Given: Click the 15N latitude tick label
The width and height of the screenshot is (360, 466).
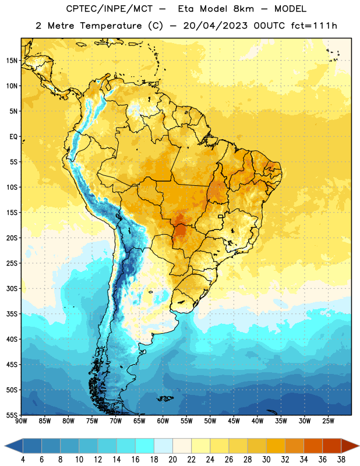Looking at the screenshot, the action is [x=12, y=61].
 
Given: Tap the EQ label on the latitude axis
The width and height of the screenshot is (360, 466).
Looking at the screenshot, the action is [x=13, y=137].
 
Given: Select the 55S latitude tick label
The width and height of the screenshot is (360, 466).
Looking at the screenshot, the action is [x=12, y=415].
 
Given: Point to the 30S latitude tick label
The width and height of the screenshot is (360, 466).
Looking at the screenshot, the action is [x=12, y=288].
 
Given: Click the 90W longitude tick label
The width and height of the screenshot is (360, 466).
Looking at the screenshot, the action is [x=22, y=421].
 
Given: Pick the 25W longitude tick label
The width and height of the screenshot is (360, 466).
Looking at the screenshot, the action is [x=328, y=421].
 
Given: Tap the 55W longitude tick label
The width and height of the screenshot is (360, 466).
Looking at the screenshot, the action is [x=186, y=421].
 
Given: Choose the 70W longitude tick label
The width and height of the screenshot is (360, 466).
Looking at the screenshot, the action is [x=116, y=421].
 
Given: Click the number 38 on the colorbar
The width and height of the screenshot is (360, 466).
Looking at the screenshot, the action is [x=341, y=460].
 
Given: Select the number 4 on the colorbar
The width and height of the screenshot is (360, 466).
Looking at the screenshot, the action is [x=23, y=460].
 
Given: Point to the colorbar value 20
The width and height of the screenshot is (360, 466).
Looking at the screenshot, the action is [x=172, y=460].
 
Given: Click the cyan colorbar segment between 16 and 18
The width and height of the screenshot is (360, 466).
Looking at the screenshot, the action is [x=145, y=446].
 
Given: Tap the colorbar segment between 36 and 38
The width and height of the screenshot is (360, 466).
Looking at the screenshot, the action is [x=332, y=446].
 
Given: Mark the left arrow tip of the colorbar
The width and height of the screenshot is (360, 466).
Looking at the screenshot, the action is [x=5, y=446].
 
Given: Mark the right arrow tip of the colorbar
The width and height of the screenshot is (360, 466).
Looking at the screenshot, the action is [x=359, y=446].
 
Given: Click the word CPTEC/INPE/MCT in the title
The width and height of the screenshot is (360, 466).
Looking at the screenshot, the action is [x=110, y=9].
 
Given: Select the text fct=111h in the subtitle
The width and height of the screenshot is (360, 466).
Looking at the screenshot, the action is [x=315, y=26].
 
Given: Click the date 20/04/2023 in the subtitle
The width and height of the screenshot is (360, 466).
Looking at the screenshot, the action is [x=215, y=26].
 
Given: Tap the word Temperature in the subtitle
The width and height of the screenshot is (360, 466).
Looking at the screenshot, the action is [x=111, y=26].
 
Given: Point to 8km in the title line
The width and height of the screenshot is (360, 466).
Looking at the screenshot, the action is [x=243, y=9].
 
